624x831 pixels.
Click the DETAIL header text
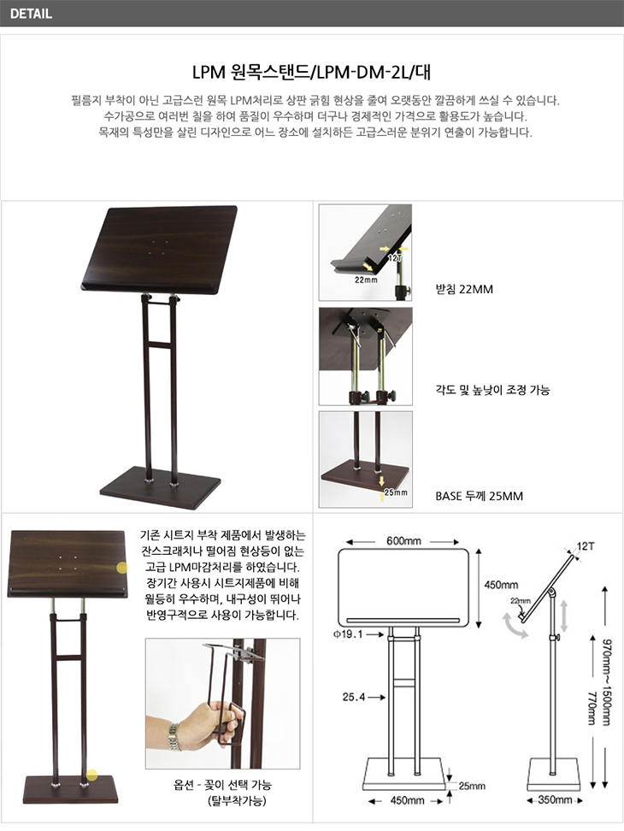point(31,13)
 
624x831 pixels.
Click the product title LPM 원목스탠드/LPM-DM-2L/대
point(311,72)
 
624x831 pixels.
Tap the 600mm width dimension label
point(403,541)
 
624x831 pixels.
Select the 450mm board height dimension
point(501,585)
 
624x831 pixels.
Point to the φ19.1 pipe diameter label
point(348,634)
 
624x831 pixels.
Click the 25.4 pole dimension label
point(354,697)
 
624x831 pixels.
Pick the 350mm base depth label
point(555,799)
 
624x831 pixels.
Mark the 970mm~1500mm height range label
point(607,682)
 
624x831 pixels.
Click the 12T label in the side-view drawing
point(586,545)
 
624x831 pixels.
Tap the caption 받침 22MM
point(464,289)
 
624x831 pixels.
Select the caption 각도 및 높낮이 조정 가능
point(492,390)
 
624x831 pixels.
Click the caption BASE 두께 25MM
point(479,496)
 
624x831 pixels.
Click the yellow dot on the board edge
point(122,569)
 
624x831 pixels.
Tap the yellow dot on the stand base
point(92,775)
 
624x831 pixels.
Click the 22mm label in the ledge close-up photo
point(366,280)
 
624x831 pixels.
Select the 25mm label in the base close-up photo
point(396,492)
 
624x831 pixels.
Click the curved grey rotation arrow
point(514,625)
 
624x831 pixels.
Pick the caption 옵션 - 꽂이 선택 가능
point(222,784)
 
